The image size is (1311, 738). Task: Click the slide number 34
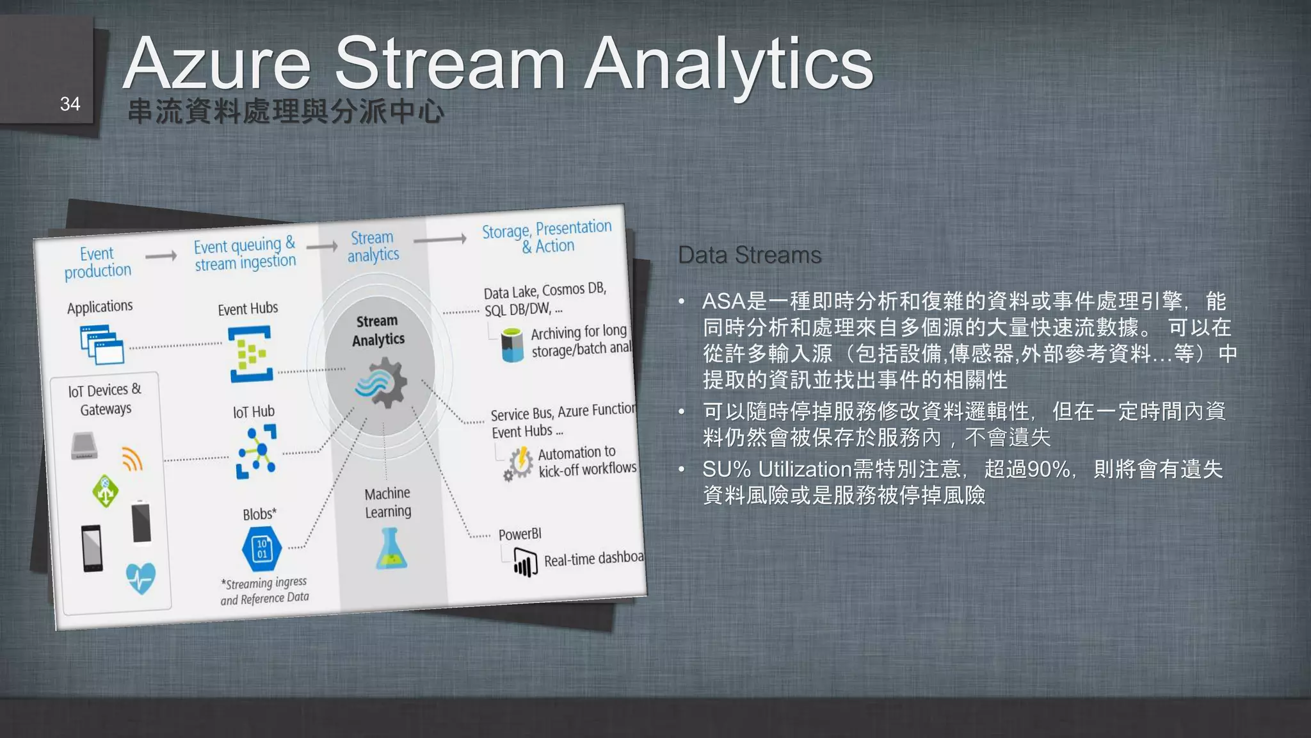click(70, 104)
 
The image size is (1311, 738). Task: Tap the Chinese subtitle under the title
click(286, 111)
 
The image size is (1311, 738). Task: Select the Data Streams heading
click(749, 255)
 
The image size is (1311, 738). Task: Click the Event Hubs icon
click(250, 354)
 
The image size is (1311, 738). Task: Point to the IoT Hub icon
click(256, 451)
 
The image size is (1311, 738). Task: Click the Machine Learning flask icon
click(391, 549)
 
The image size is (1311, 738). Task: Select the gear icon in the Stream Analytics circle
click(382, 382)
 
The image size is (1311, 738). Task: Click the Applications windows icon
click(102, 345)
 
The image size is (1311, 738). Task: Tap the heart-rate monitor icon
click(140, 578)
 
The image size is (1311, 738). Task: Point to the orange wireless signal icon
click(132, 459)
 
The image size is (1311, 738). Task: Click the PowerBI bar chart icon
click(525, 564)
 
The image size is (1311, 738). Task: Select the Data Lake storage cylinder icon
click(512, 345)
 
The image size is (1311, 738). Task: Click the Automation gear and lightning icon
click(519, 463)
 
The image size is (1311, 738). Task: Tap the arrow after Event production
click(161, 256)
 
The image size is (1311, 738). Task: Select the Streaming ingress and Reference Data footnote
click(265, 591)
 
